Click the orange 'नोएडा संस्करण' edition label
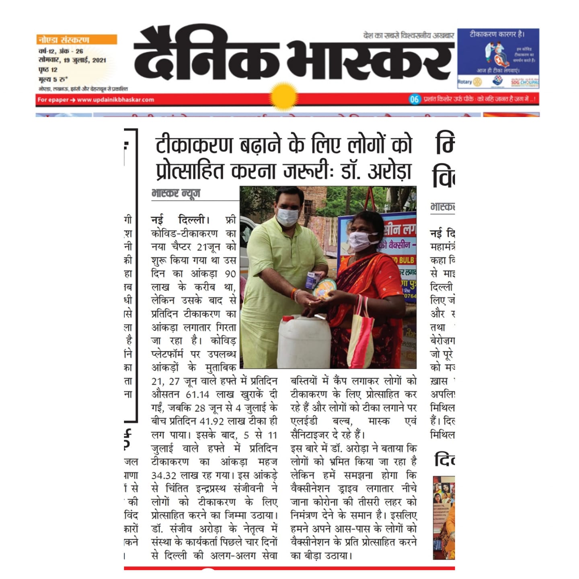click(64, 40)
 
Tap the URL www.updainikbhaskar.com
click(115, 100)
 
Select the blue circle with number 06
click(414, 99)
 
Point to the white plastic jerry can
click(304, 341)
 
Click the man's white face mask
click(287, 216)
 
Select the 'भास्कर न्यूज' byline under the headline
click(176, 193)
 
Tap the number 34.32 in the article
click(164, 475)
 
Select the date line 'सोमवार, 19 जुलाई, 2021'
click(72, 60)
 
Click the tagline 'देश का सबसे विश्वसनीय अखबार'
click(409, 36)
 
